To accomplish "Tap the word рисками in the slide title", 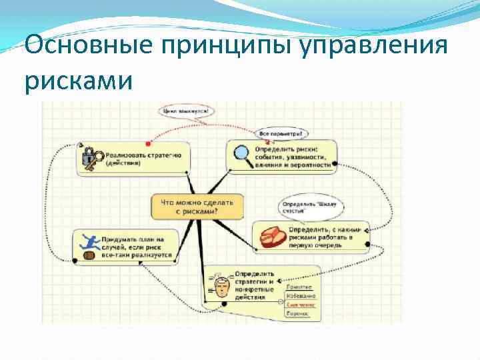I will point(79,81).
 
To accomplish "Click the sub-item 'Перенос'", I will point(297,313).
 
